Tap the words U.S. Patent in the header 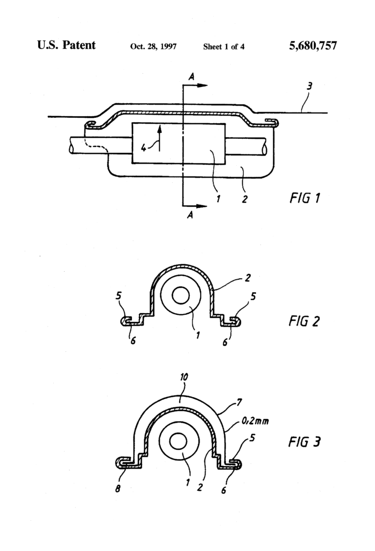pyautogui.click(x=66, y=45)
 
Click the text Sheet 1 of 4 pyautogui.click(x=224, y=47)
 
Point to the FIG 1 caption pyautogui.click(x=302, y=198)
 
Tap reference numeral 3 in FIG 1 pyautogui.click(x=309, y=86)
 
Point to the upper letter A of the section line pyautogui.click(x=191, y=77)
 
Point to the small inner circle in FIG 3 pyautogui.click(x=177, y=441)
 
